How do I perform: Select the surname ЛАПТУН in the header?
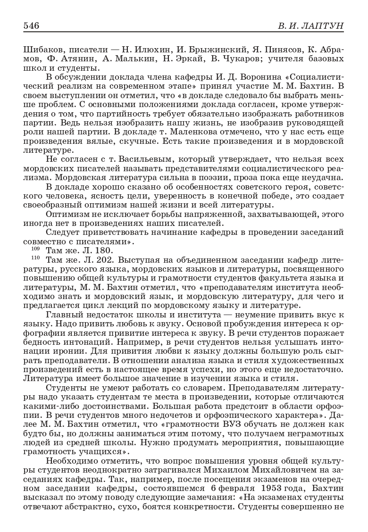point(323,25)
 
